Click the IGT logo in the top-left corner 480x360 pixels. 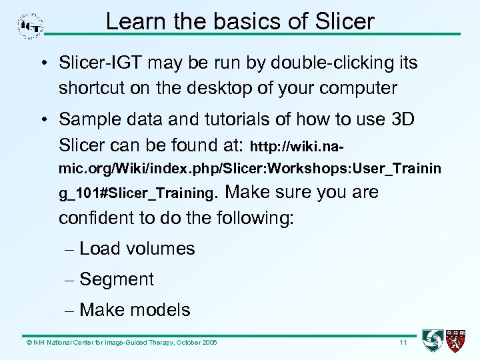click(30, 25)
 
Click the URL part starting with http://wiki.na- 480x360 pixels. click(299, 145)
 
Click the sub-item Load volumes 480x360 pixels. click(137, 249)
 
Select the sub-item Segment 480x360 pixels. click(116, 279)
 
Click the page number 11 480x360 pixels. click(403, 343)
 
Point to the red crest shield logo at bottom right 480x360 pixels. click(456, 341)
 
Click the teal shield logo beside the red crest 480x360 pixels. click(433, 341)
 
